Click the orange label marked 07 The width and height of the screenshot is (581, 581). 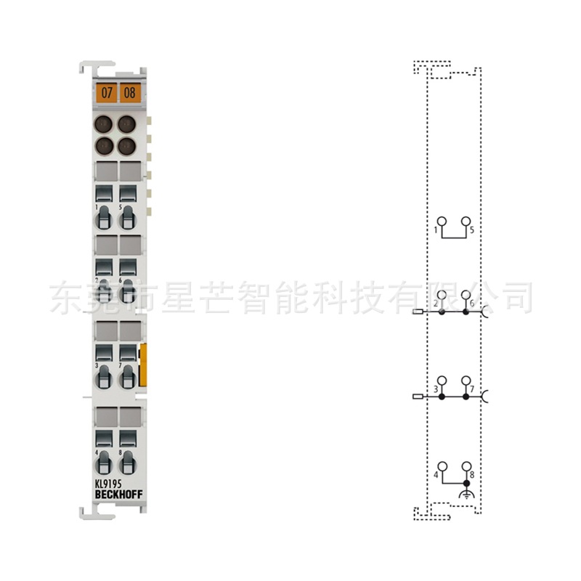pyautogui.click(x=107, y=92)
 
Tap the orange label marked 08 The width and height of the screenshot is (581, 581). pyautogui.click(x=129, y=92)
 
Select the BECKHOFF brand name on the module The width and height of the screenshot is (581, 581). pyautogui.click(x=118, y=495)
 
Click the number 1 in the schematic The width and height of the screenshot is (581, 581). pyautogui.click(x=436, y=230)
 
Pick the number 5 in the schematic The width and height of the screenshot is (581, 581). pyautogui.click(x=471, y=230)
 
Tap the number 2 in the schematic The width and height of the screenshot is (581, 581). pyautogui.click(x=436, y=303)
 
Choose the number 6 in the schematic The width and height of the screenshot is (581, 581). pyautogui.click(x=472, y=303)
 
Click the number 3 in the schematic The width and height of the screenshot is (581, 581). pyautogui.click(x=436, y=390)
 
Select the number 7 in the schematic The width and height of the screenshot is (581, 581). pyautogui.click(x=472, y=390)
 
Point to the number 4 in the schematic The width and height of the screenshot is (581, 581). pyautogui.click(x=436, y=475)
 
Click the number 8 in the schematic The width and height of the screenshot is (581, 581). pyautogui.click(x=472, y=475)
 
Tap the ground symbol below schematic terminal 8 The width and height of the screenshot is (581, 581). pyautogui.click(x=466, y=495)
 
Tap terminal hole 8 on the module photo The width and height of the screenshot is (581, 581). pyautogui.click(x=129, y=462)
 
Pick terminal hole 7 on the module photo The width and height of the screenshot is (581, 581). pyautogui.click(x=129, y=376)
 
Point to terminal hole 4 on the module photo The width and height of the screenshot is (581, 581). pyautogui.click(x=105, y=462)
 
